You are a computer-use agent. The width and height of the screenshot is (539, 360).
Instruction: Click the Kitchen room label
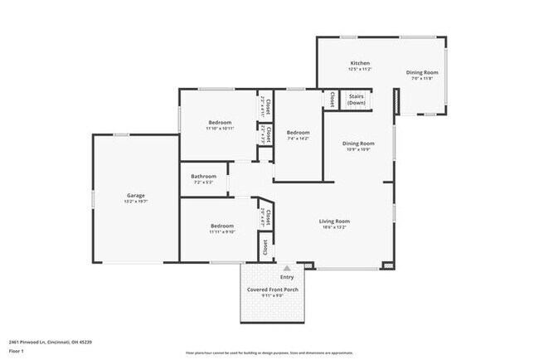(x=359, y=63)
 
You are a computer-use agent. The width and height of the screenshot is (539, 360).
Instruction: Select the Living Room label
(x=335, y=221)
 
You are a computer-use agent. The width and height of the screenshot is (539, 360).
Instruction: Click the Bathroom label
(x=203, y=176)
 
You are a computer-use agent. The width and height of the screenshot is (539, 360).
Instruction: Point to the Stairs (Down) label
(x=357, y=99)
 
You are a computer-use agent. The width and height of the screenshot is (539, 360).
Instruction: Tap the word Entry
(x=286, y=277)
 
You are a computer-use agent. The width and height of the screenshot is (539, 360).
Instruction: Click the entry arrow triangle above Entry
(x=287, y=268)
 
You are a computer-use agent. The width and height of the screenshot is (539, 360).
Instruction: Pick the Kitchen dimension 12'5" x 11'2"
(x=359, y=69)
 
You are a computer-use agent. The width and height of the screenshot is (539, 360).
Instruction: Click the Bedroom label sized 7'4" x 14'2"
(x=298, y=133)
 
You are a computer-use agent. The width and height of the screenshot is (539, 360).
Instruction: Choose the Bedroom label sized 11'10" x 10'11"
(x=220, y=122)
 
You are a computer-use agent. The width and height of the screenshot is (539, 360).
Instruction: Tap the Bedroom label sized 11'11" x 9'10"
(x=221, y=226)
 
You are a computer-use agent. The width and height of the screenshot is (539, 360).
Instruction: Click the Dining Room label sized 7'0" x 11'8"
(x=422, y=72)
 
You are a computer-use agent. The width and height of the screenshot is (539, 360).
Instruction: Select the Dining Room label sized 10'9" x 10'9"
(x=358, y=144)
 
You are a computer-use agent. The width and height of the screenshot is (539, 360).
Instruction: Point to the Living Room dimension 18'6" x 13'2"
(x=335, y=226)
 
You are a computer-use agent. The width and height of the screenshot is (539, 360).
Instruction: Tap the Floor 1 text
(x=17, y=351)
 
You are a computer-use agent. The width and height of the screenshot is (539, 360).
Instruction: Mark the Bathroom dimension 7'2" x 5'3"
(x=203, y=182)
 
